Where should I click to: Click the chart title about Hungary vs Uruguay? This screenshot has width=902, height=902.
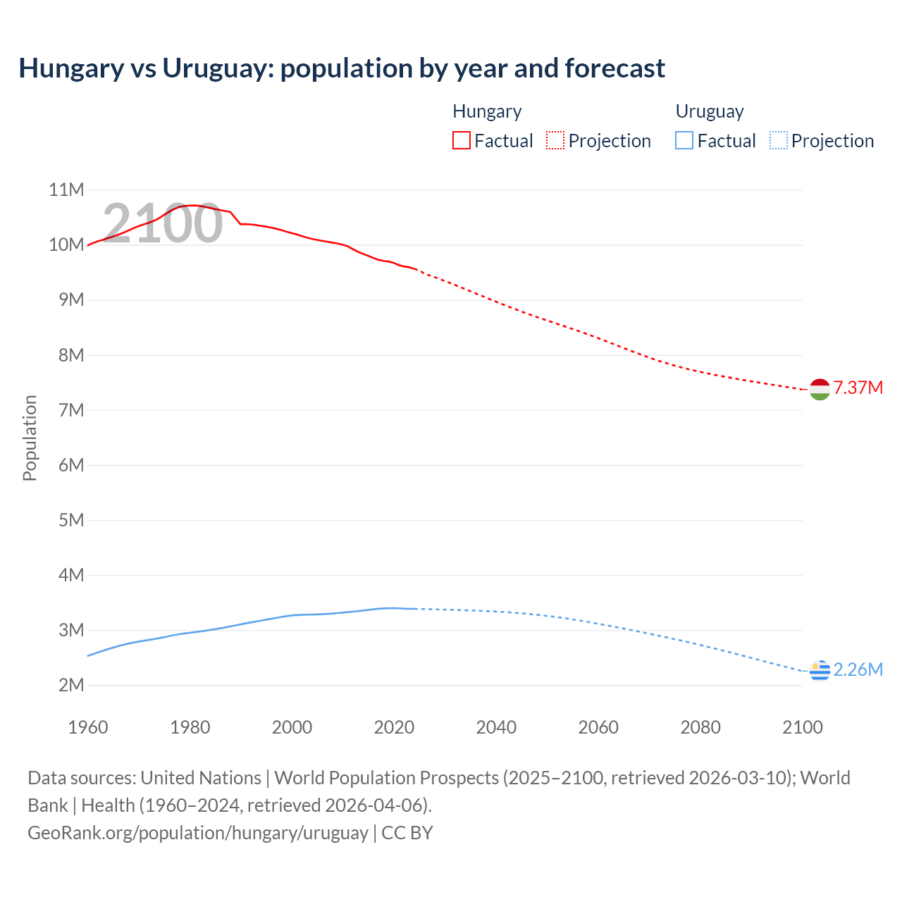click(342, 68)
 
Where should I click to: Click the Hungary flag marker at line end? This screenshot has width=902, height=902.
click(820, 389)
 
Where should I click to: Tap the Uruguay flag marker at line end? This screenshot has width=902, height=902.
click(820, 671)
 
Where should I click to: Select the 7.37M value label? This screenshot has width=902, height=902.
click(858, 388)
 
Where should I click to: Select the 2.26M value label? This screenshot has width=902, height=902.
click(858, 669)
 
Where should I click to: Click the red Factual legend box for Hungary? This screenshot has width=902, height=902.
click(462, 141)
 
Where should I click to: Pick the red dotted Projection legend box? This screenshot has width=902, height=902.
click(555, 141)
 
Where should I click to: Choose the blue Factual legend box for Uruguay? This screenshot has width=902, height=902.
click(684, 141)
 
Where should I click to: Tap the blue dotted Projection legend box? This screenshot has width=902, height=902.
click(779, 141)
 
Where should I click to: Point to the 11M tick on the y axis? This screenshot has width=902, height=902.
click(66, 190)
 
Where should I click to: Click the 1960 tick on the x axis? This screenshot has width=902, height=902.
click(88, 727)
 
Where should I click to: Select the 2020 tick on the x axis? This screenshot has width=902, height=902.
click(394, 727)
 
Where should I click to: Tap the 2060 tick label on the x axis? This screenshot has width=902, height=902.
click(598, 727)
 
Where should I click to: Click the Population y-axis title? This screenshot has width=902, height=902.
click(30, 438)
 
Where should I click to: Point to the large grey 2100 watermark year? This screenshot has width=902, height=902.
click(163, 223)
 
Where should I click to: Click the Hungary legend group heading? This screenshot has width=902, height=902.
click(487, 111)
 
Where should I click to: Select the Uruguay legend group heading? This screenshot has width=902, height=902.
click(710, 111)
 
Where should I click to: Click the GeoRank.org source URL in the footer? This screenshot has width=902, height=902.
click(198, 833)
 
